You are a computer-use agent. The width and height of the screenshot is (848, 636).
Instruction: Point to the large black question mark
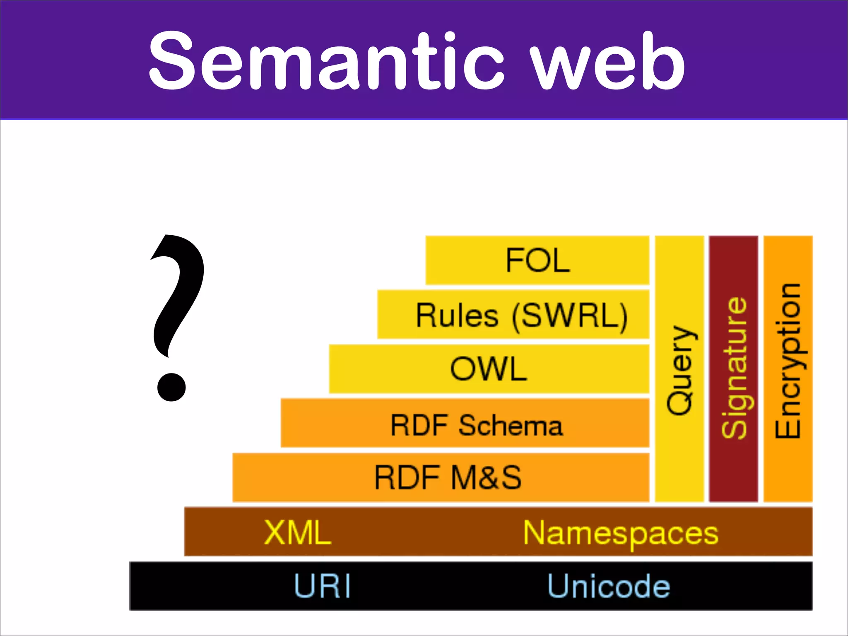pyautogui.click(x=176, y=306)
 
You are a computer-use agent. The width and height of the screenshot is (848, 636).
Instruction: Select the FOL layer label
pyautogui.click(x=537, y=260)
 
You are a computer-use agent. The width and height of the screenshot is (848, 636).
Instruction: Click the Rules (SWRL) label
pyautogui.click(x=522, y=316)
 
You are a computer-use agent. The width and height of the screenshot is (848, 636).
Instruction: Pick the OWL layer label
pyautogui.click(x=489, y=369)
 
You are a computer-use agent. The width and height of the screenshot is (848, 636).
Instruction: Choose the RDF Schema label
pyautogui.click(x=477, y=425)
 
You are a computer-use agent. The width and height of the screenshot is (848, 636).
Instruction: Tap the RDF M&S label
pyautogui.click(x=448, y=477)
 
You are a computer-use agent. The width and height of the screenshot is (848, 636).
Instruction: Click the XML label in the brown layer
pyautogui.click(x=298, y=532)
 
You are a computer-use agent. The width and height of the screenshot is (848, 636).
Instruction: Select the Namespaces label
pyautogui.click(x=620, y=533)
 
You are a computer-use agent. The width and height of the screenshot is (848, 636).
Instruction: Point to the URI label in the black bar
pyautogui.click(x=323, y=586)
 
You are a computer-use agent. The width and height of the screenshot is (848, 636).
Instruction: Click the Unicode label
pyautogui.click(x=609, y=586)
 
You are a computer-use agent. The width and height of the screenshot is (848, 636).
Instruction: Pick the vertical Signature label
pyautogui.click(x=734, y=368)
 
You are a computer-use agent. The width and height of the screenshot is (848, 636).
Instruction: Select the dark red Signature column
pyautogui.click(x=734, y=468)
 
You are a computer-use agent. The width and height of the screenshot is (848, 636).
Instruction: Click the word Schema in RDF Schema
pyautogui.click(x=511, y=425)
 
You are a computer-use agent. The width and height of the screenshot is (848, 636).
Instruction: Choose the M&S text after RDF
pyautogui.click(x=486, y=477)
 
